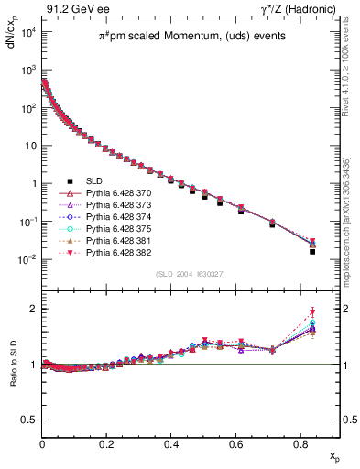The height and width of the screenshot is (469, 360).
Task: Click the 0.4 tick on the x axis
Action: tap(171, 444)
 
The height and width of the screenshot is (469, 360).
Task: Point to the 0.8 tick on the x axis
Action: tap(300, 444)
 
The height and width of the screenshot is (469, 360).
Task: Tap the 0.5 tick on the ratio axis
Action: tap(28, 420)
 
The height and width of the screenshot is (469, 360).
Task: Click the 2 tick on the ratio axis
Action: tap(32, 309)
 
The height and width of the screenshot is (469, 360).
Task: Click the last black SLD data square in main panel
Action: tap(312, 251)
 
